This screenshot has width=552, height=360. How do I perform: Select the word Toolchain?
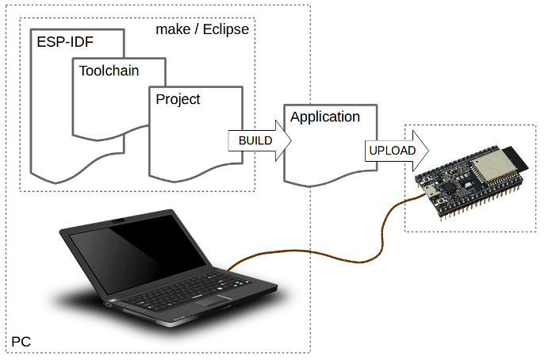coord(109,71)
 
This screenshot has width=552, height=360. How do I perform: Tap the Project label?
coord(178,99)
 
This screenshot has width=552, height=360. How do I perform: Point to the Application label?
coord(325,117)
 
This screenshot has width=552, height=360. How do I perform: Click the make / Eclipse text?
coord(202,30)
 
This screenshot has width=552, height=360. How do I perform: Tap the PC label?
coord(21,342)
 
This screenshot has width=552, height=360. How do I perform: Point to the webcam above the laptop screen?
coord(117,220)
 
